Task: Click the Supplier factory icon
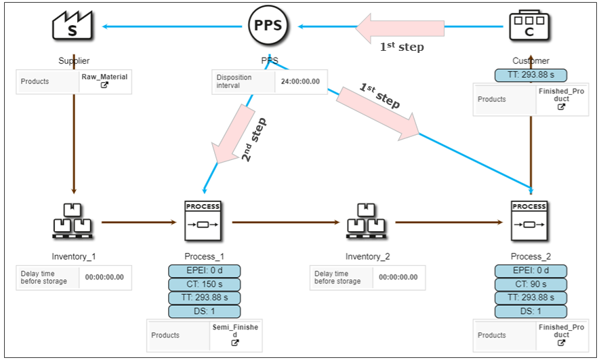coord(73,26)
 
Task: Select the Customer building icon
coord(530,26)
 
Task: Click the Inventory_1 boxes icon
coord(73,221)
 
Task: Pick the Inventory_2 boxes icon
coord(367,221)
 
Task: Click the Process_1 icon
coord(203,221)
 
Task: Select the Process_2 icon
coord(530,221)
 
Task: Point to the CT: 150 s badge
coord(204,285)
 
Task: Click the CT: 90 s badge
coord(531,285)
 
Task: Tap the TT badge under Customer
coord(531,75)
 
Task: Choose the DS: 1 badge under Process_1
coord(204,312)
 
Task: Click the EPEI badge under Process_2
coord(531,271)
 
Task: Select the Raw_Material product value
coord(104,77)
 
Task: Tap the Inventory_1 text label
coord(74,257)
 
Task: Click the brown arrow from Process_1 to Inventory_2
coord(284,222)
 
